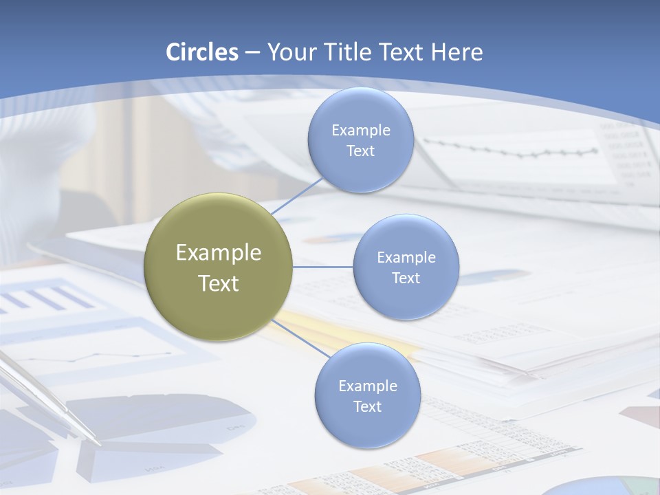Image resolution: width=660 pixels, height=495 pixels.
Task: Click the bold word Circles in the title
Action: tap(202, 52)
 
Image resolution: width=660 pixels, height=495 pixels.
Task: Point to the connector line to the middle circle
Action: tap(323, 267)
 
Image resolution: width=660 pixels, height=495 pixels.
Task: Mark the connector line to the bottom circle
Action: tap(300, 338)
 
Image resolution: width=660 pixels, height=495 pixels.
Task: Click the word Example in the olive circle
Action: tap(219, 253)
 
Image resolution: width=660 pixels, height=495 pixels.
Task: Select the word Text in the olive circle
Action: tap(219, 283)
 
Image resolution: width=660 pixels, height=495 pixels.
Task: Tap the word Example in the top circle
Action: tap(361, 131)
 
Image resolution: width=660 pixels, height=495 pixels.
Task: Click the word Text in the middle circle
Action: tap(406, 278)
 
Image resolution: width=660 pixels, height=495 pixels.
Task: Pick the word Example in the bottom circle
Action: tap(368, 386)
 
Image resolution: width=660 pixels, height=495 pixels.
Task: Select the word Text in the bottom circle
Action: tap(367, 406)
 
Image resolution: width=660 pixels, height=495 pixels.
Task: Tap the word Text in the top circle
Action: tap(360, 151)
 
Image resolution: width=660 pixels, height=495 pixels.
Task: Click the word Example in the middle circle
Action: tap(406, 258)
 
